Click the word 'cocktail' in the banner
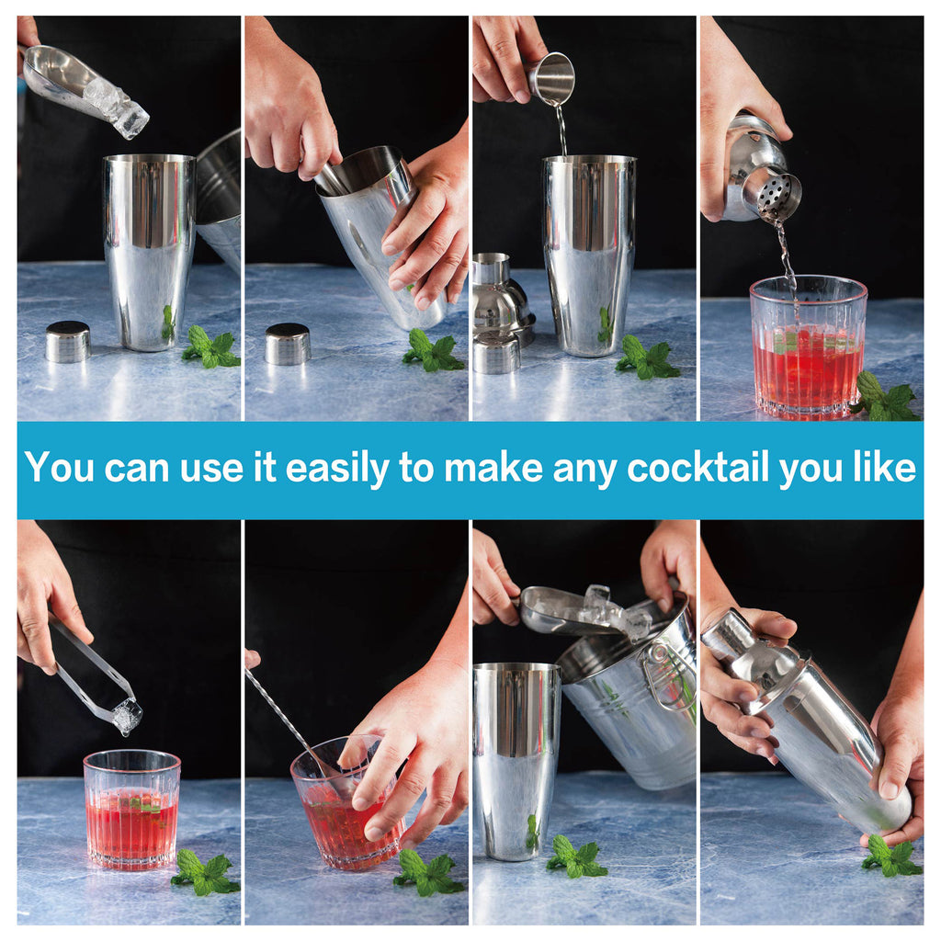click(x=697, y=468)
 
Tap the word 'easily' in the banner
click(x=337, y=469)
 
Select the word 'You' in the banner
click(x=60, y=467)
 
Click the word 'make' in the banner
click(x=493, y=468)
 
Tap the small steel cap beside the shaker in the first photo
click(x=68, y=342)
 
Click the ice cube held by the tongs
click(x=127, y=718)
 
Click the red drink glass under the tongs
click(x=132, y=810)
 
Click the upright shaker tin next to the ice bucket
click(x=516, y=760)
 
